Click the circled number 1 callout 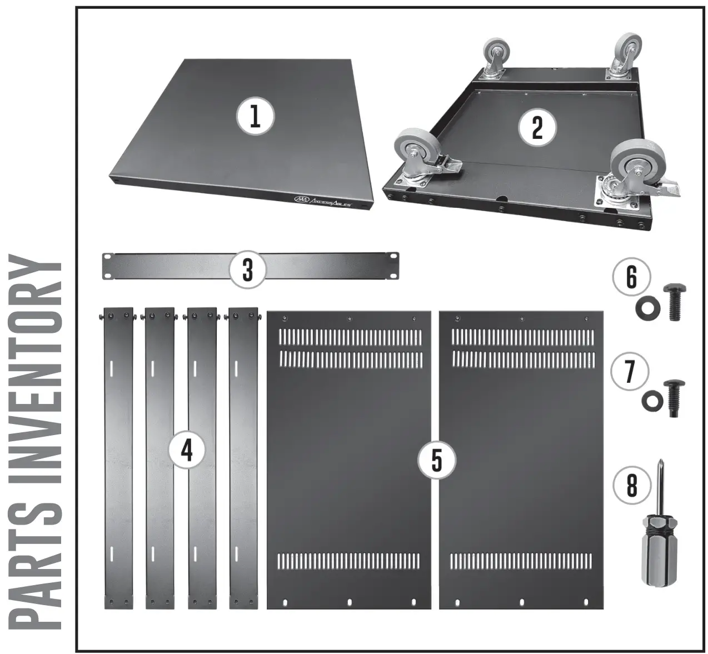coord(255,117)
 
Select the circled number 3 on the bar coord(248,269)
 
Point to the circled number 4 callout coord(187,451)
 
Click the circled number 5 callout coord(437,460)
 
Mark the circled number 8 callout coord(631,486)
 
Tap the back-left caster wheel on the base coord(494,59)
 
